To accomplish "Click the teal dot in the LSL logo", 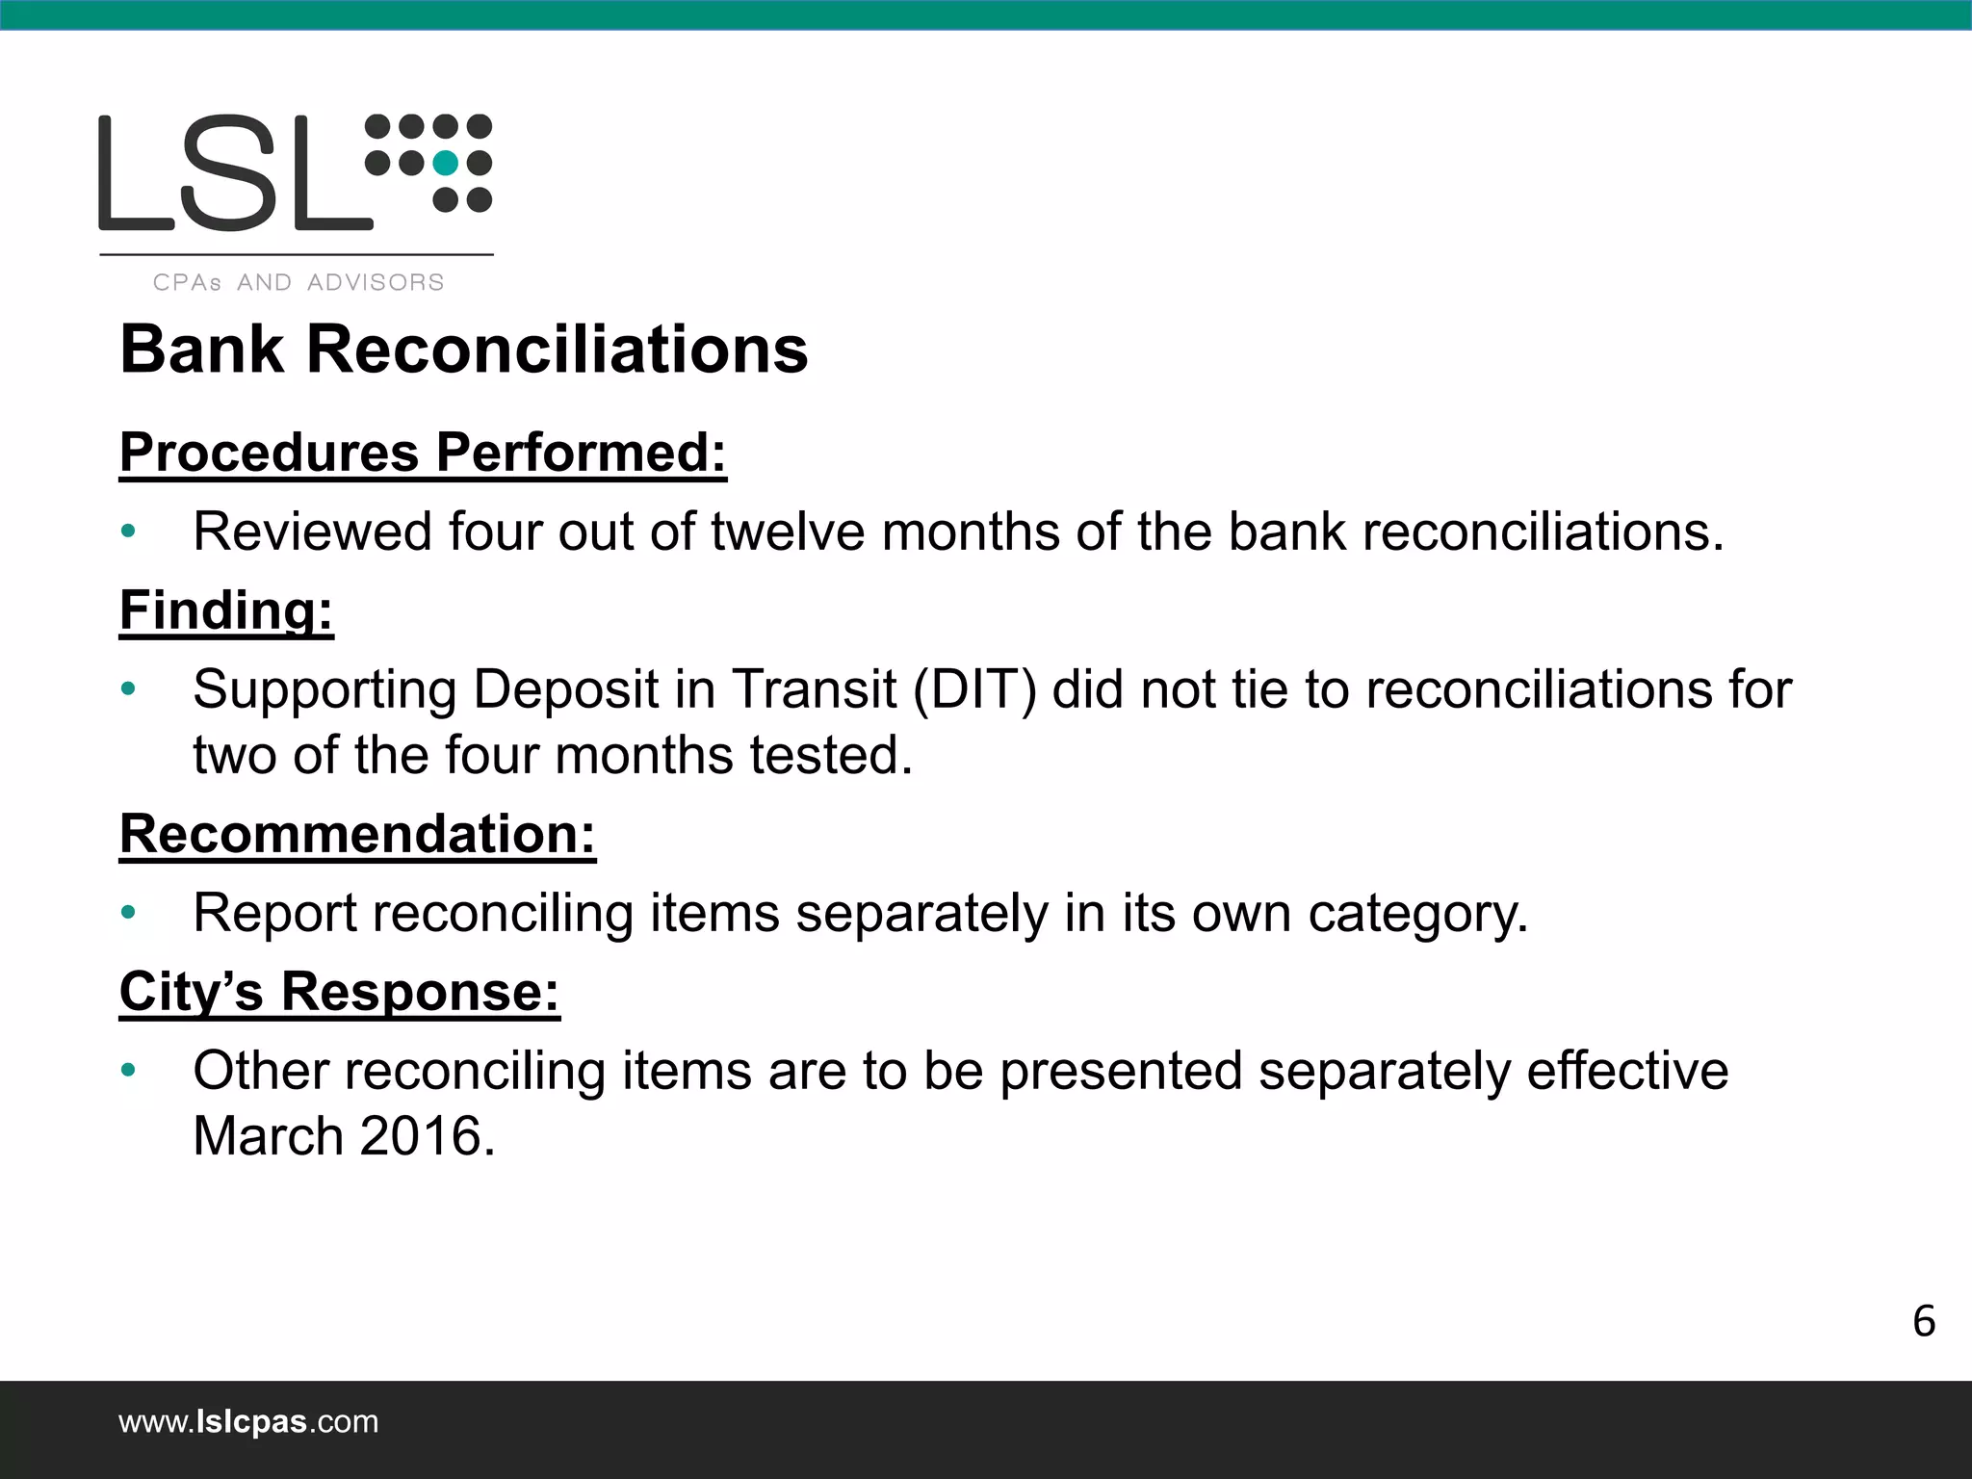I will [x=445, y=164].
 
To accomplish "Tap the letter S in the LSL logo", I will [x=235, y=173].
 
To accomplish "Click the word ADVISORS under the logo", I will [x=376, y=282].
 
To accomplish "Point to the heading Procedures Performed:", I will [x=423, y=452].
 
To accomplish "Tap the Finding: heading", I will [x=226, y=610].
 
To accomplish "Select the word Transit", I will [x=814, y=689].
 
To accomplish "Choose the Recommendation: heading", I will [x=357, y=833].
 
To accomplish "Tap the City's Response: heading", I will [x=339, y=991].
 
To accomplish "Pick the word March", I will [x=268, y=1136].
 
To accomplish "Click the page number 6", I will [x=1923, y=1321].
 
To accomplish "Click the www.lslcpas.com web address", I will [x=248, y=1421].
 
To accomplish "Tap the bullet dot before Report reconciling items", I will [x=128, y=913].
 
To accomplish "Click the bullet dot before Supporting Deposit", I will [x=128, y=689].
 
